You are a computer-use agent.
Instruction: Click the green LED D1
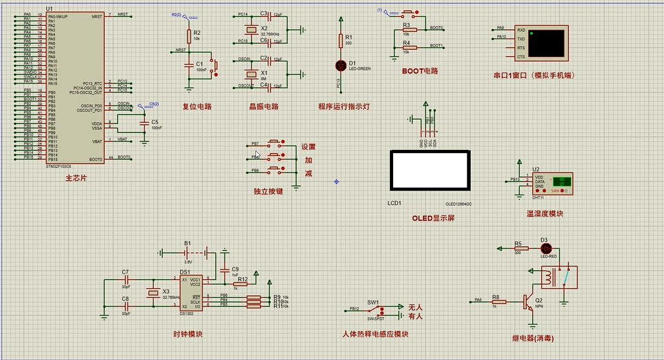click(341, 65)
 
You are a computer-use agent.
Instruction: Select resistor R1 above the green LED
click(341, 41)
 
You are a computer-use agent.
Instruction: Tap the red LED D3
click(546, 248)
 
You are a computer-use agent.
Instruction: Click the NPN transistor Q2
click(526, 301)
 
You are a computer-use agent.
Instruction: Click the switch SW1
click(376, 311)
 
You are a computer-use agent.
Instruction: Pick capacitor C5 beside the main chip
click(143, 122)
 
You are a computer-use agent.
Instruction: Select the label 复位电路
click(197, 107)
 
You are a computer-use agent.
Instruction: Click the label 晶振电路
click(263, 107)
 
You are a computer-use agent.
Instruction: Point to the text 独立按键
click(268, 191)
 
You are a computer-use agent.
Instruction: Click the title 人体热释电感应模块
click(375, 334)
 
